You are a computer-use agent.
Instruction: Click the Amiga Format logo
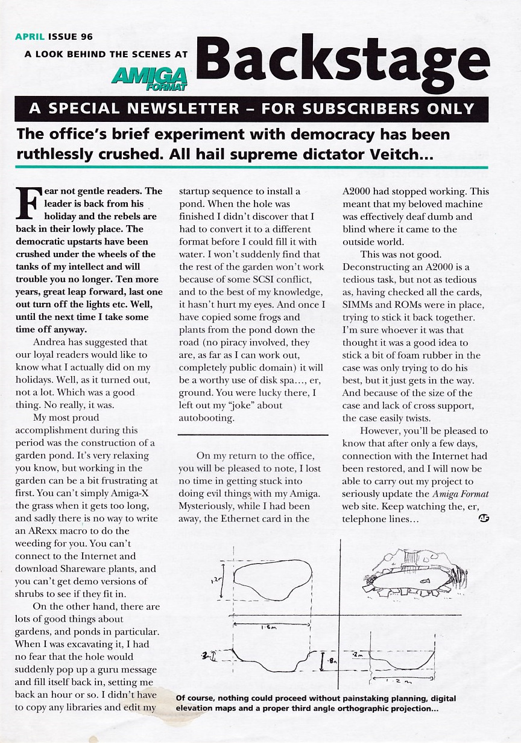[149, 78]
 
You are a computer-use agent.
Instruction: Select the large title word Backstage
[341, 62]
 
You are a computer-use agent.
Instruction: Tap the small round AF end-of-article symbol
[483, 518]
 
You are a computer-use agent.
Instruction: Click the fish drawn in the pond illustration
[425, 581]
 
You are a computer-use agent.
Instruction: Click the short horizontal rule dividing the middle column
[253, 435]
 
